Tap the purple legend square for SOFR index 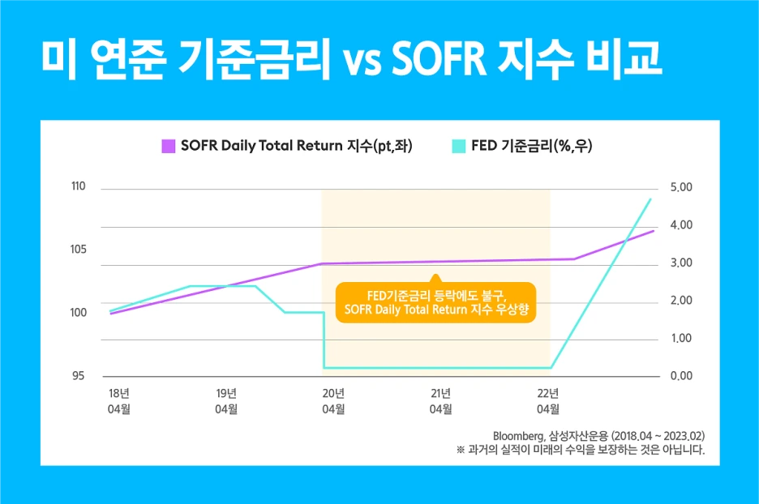pyautogui.click(x=169, y=146)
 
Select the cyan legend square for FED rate pyautogui.click(x=458, y=146)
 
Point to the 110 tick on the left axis pyautogui.click(x=79, y=187)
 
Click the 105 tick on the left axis pyautogui.click(x=79, y=250)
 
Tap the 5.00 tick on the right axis pyautogui.click(x=681, y=187)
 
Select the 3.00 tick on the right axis pyautogui.click(x=681, y=263)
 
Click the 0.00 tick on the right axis pyautogui.click(x=681, y=376)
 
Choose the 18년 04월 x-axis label pyautogui.click(x=119, y=401)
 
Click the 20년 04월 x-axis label pyautogui.click(x=333, y=401)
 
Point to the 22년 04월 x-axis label pyautogui.click(x=547, y=401)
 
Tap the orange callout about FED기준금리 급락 pyautogui.click(x=435, y=302)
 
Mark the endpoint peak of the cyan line pyautogui.click(x=650, y=199)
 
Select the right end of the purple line pyautogui.click(x=654, y=231)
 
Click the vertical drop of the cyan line pyautogui.click(x=324, y=340)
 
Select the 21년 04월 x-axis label pyautogui.click(x=440, y=401)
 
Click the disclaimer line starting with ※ pyautogui.click(x=581, y=449)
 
